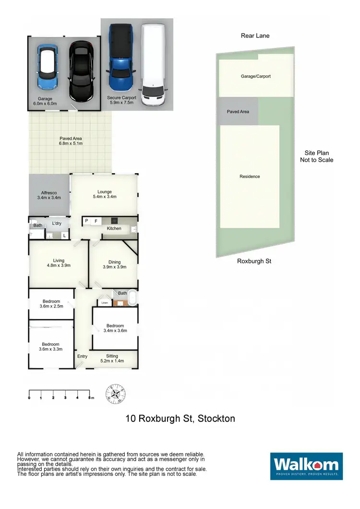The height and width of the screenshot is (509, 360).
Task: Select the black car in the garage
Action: coord(81,71)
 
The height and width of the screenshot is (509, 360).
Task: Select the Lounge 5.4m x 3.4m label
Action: coord(105,194)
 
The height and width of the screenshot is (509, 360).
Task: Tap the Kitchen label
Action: coord(114,228)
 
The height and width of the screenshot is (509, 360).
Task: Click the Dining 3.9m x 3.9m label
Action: coord(114,264)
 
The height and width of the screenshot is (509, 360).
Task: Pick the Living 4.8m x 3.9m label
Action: coord(59,263)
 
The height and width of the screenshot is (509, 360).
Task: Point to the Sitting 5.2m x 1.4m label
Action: coord(112,358)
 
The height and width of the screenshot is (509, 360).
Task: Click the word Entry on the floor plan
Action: coord(82,356)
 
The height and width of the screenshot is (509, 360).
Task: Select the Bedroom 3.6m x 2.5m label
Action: coord(51,304)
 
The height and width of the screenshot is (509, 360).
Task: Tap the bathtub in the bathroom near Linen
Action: coord(132,299)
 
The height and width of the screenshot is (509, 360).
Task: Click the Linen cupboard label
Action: coord(104,303)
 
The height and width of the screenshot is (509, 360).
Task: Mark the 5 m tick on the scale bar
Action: coord(89,398)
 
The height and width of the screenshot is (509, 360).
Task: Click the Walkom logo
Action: coord(306,466)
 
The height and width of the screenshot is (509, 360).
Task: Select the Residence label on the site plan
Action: coord(250,177)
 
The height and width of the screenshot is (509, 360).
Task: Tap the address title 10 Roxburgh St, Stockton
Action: coord(180,418)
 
